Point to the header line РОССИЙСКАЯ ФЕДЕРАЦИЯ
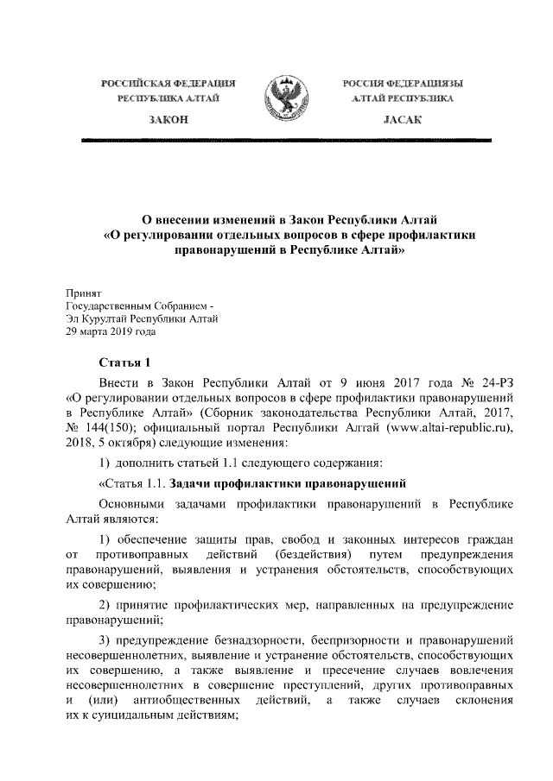[x=169, y=83]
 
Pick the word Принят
[x=85, y=295]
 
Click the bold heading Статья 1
[x=126, y=363]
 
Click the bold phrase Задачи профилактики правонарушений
[x=287, y=482]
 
